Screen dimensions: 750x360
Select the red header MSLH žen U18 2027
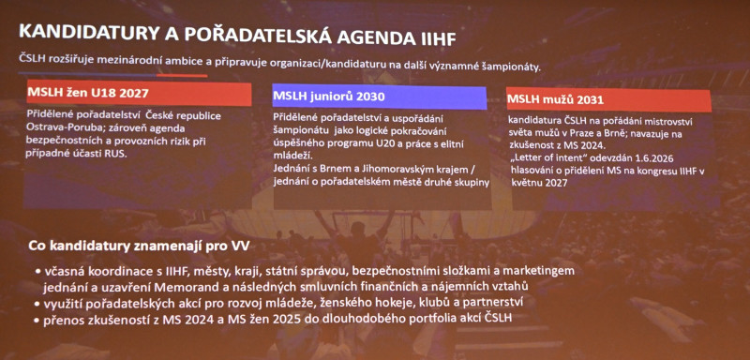tap(139, 94)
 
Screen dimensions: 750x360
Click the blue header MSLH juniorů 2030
tap(380, 97)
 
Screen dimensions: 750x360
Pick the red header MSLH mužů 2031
tap(607, 100)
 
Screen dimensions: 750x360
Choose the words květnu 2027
tap(537, 183)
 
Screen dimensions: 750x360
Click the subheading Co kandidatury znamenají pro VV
tap(139, 247)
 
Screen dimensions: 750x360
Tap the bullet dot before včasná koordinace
tap(37, 273)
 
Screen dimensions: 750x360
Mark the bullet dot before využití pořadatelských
tap(37, 304)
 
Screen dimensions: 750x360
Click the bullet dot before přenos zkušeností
tap(37, 320)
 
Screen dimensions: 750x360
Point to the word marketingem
tap(543, 272)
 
